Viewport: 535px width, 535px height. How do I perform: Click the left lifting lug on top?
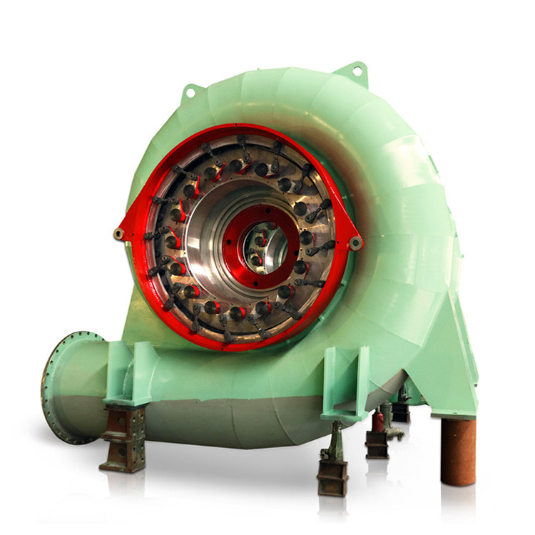point(191,91)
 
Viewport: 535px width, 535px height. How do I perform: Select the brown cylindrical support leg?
point(457,452)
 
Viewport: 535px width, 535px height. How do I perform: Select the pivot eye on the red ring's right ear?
point(355,243)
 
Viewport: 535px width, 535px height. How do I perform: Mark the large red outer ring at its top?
point(243,128)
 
